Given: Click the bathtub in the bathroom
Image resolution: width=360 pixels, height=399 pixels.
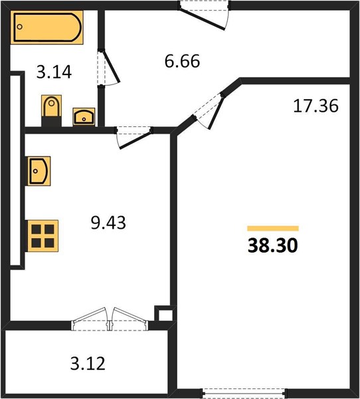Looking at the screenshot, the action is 46,27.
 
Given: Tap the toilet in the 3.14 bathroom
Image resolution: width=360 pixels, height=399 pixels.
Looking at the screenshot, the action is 51,110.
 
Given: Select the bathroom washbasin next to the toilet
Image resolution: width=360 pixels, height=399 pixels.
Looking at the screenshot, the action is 84,117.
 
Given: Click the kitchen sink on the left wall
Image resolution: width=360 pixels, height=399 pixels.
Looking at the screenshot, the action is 39,171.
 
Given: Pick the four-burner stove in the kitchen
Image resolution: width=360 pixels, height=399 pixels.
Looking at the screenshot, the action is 43,236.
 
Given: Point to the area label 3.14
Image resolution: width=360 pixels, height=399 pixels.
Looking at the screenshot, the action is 54,72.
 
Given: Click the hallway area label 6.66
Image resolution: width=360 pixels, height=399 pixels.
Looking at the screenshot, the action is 182,61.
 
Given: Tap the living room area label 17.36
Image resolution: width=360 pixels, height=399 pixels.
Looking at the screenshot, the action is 315,106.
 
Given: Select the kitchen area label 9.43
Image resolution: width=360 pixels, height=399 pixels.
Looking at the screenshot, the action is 108,223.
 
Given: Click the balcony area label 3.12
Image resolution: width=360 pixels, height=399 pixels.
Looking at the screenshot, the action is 88,363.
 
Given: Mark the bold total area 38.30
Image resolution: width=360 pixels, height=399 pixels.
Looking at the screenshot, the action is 273,246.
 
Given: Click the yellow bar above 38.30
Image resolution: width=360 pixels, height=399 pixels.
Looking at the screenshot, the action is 273,228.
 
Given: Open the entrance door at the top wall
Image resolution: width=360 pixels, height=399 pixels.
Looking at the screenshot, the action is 204,15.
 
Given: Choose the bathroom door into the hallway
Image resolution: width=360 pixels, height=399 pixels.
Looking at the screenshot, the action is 108,68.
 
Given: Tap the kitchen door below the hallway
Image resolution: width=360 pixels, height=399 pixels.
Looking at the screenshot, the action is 134,138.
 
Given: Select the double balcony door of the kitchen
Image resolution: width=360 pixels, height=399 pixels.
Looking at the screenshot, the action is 110,319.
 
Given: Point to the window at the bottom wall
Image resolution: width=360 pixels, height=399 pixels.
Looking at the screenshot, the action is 244,393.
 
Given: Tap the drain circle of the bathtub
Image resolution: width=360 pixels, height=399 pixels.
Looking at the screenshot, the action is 19,27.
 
